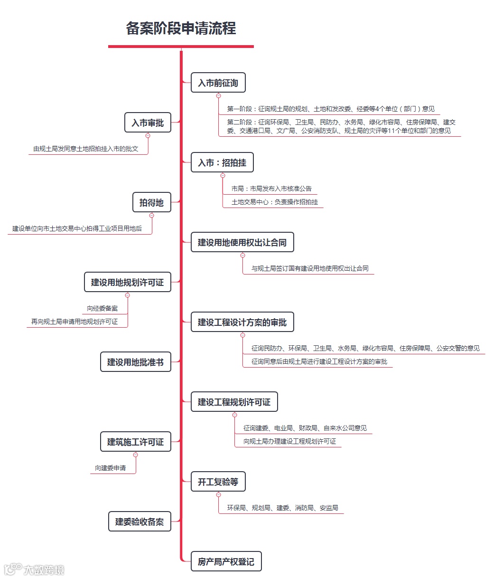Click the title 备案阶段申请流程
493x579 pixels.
(x=181, y=28)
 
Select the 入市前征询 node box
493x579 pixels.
(x=218, y=83)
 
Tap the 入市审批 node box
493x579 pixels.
(x=148, y=123)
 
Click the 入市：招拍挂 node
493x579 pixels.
(x=222, y=163)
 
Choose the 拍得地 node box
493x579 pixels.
(x=151, y=203)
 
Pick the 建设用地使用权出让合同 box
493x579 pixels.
(x=242, y=243)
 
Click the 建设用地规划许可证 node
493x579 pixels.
(x=127, y=283)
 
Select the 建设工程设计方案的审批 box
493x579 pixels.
(x=242, y=323)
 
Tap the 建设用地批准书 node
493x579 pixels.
(x=135, y=362)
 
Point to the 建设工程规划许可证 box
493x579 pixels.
(x=234, y=402)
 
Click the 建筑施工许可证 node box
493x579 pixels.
(x=135, y=442)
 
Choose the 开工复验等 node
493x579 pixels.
(x=218, y=482)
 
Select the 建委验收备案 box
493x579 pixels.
(x=140, y=522)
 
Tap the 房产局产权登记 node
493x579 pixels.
(x=226, y=562)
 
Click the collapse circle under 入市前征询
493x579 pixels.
(x=218, y=95)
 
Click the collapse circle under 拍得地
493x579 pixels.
(x=151, y=215)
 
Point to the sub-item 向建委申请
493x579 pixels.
(x=111, y=468)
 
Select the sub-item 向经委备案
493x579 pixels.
(x=102, y=309)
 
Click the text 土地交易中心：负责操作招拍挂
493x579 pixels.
(x=275, y=202)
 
